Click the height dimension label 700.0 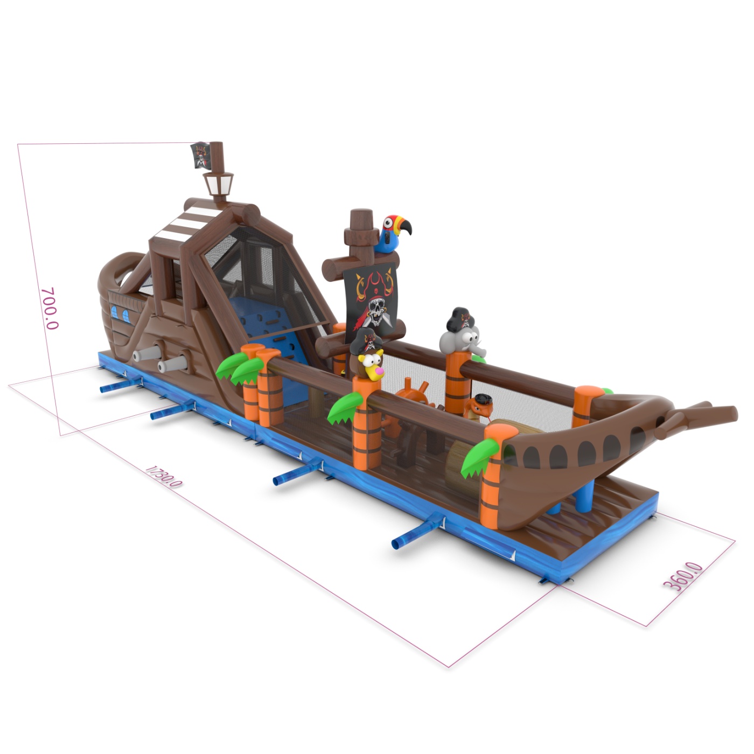(50, 308)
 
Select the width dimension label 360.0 (683, 576)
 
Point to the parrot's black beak (406, 226)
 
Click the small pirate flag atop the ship (201, 155)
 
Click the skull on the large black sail (375, 310)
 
